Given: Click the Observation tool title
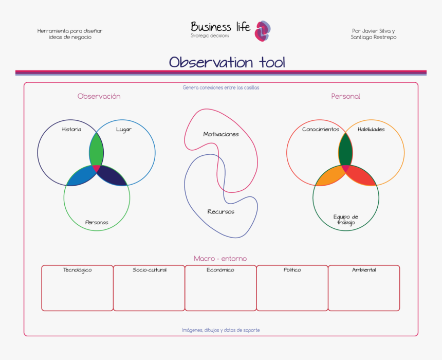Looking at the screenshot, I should click(227, 63).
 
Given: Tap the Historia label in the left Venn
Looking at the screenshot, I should click(71, 129).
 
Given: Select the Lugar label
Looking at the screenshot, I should click(123, 129).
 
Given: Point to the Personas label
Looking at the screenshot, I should click(97, 222).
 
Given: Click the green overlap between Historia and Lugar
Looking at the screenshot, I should click(96, 150).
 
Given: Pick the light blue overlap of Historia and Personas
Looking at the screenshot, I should click(81, 176).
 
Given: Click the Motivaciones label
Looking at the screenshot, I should click(221, 134).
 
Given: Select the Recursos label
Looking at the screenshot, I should click(220, 211).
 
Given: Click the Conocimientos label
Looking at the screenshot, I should click(321, 129).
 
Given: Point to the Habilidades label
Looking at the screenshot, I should click(371, 129).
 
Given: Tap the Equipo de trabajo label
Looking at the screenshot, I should click(345, 220).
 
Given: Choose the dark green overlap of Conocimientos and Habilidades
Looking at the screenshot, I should click(345, 150).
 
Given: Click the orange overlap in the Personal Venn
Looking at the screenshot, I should click(330, 176).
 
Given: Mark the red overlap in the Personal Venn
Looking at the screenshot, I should click(361, 176).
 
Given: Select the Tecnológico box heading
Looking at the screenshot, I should click(77, 269).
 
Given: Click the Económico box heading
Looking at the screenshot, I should click(220, 269).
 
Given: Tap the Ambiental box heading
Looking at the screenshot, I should click(363, 269).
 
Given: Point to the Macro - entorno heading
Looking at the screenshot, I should click(220, 258).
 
